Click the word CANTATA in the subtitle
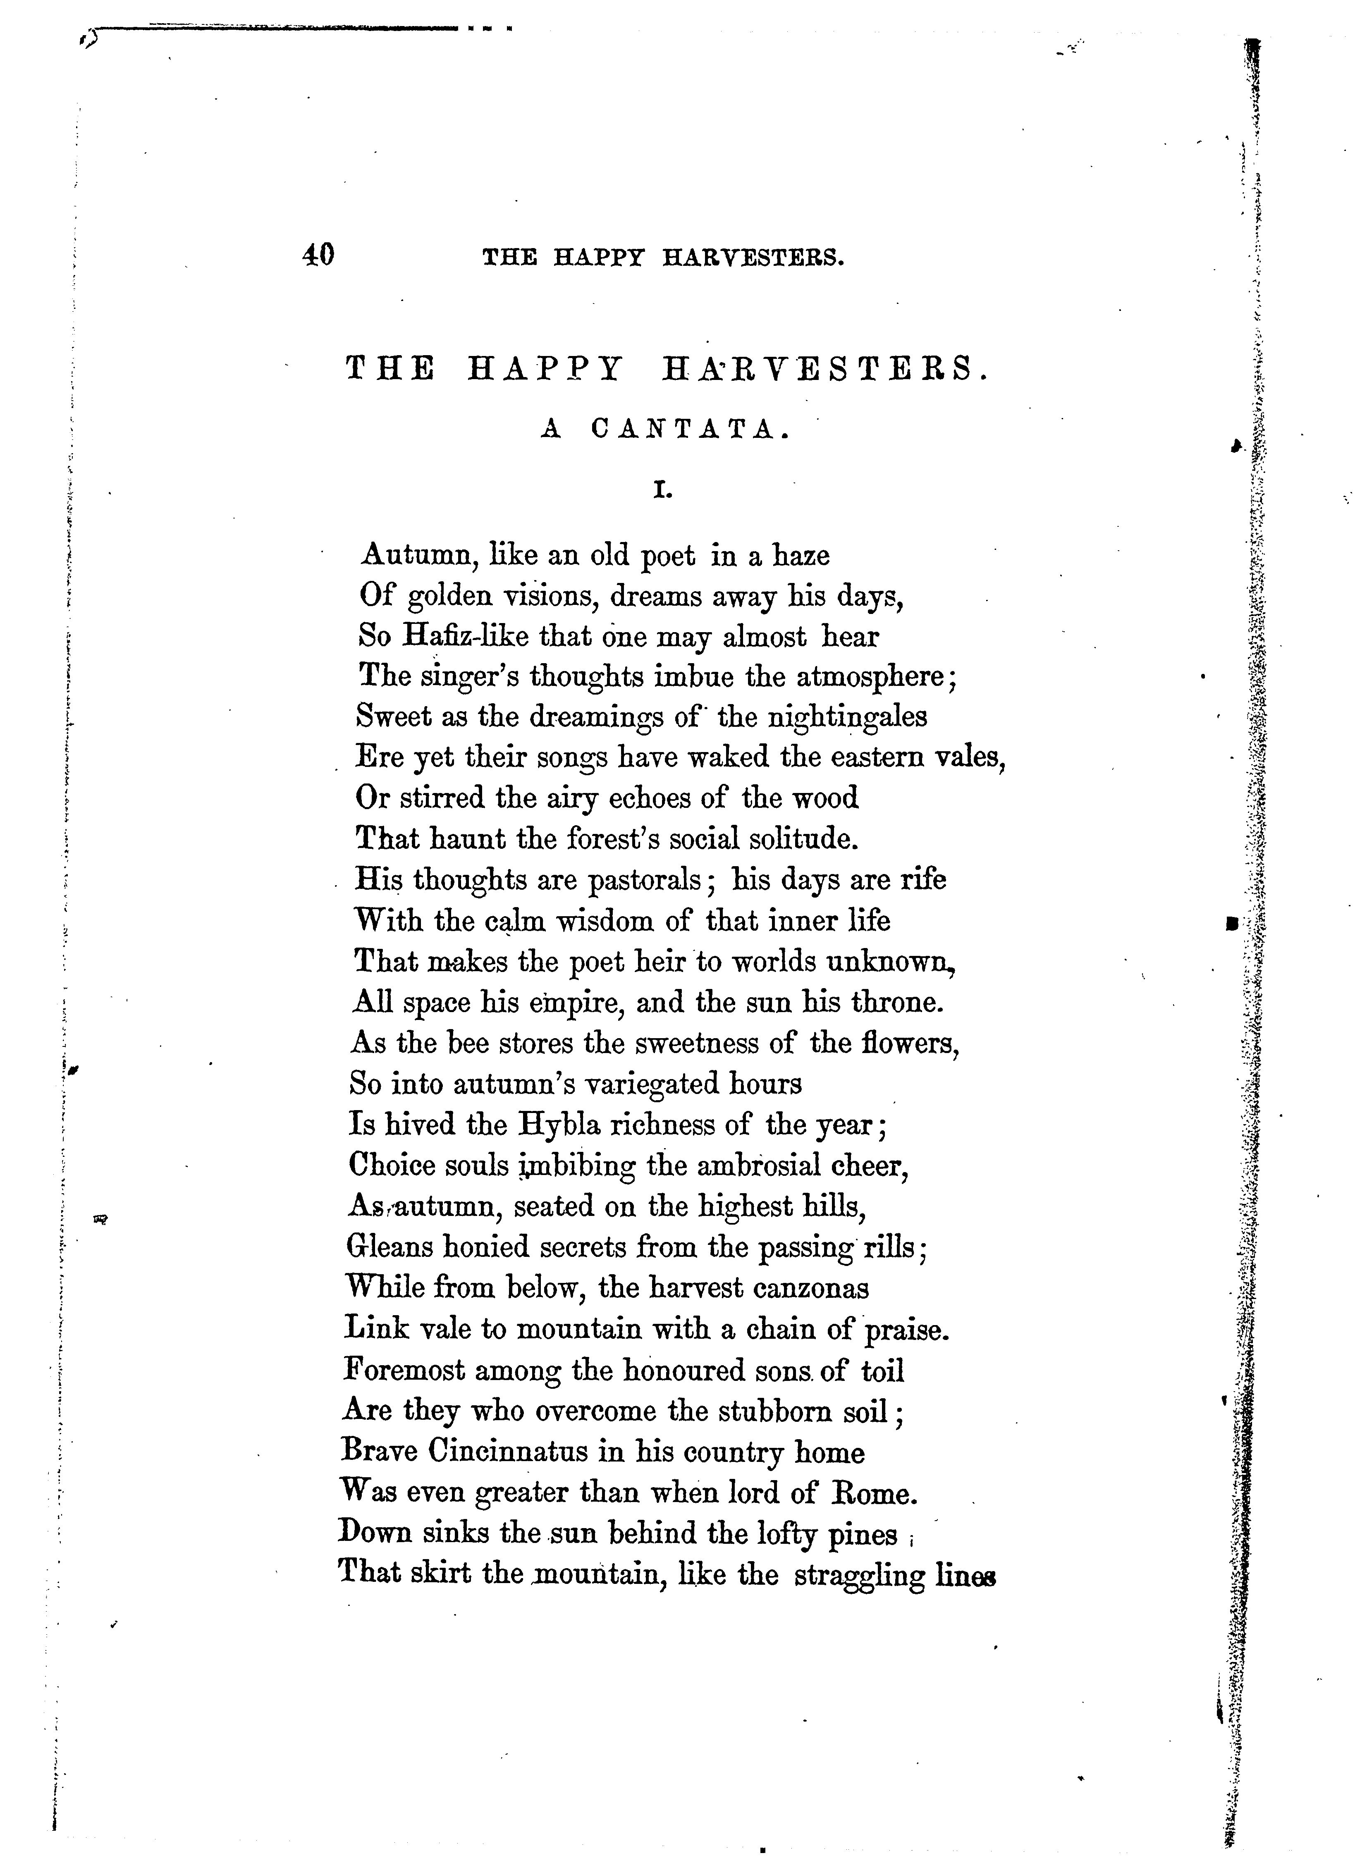pyautogui.click(x=684, y=430)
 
